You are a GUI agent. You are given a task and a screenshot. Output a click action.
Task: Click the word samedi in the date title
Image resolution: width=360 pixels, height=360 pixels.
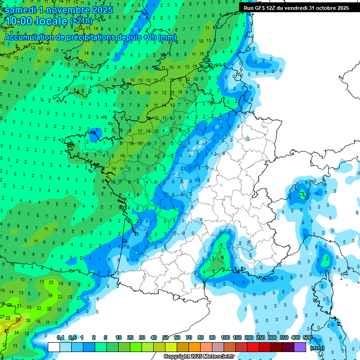[23, 9]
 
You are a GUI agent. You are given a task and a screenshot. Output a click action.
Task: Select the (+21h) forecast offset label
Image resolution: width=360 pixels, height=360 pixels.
[81, 21]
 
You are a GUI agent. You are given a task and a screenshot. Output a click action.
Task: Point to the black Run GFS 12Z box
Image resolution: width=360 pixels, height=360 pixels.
[296, 8]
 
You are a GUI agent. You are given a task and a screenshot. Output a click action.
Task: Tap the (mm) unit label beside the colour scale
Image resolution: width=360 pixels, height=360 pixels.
[317, 348]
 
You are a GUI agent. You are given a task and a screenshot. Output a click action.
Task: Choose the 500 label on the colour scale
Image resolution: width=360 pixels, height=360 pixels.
[307, 338]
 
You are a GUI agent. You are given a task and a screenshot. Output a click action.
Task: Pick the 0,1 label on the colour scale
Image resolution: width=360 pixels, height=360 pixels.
[60, 338]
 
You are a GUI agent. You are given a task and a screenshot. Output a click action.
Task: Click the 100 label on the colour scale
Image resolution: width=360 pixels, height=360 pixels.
[225, 338]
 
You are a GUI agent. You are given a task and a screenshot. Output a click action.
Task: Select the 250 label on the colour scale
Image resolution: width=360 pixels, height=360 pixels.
[260, 338]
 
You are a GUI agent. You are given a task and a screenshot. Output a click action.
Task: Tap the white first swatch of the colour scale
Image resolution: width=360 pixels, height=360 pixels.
[54, 347]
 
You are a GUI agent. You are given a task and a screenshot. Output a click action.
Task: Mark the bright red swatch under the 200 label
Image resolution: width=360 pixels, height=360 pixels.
[254, 347]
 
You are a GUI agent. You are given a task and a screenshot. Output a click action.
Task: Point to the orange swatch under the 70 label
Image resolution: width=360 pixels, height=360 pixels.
[195, 347]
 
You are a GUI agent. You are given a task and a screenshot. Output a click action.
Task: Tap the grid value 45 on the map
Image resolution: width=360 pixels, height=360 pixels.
[7, 331]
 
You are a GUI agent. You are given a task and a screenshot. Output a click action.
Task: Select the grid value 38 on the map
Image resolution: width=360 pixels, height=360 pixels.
[28, 321]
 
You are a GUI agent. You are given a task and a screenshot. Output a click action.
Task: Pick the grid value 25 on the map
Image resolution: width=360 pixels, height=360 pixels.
[51, 282]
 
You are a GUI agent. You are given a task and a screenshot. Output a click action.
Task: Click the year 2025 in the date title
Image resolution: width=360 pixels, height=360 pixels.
[102, 9]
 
